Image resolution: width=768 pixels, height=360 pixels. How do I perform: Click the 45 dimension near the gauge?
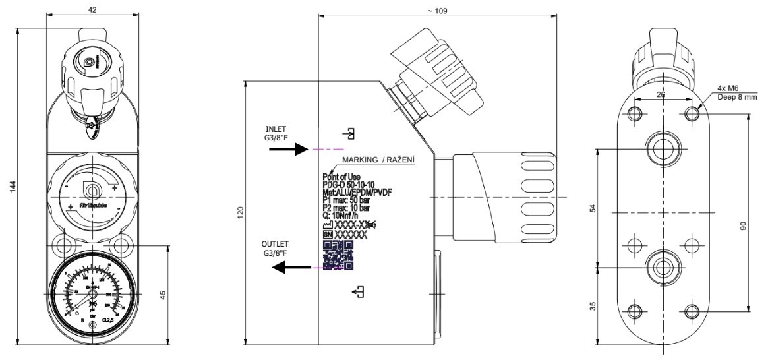[162, 293]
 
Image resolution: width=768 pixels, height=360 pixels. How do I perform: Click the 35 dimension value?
[593, 305]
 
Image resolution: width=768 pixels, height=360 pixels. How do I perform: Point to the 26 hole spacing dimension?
[661, 95]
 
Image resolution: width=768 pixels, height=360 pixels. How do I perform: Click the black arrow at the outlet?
[293, 267]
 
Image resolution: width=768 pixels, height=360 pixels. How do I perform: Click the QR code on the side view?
[338, 255]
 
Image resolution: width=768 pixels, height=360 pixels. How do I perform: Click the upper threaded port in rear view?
[662, 146]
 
